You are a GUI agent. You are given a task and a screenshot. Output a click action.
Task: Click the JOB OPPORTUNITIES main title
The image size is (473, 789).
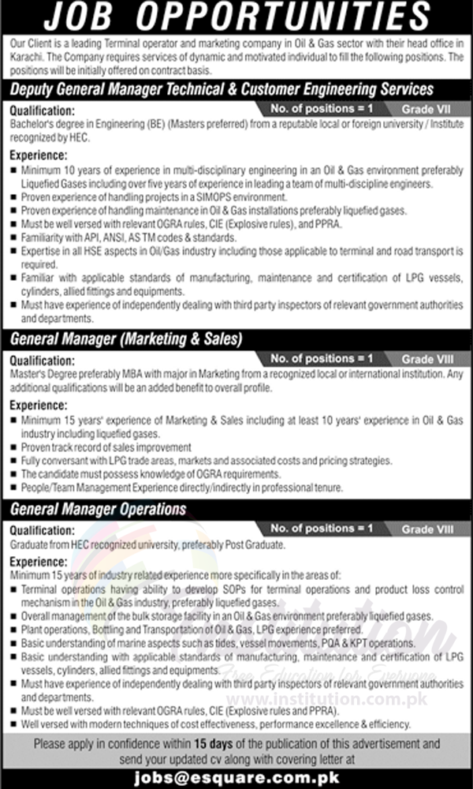236,17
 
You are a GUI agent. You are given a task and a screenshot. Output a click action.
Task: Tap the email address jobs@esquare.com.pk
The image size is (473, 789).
236,775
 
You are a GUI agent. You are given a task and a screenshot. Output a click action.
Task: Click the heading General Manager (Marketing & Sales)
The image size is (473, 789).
126,339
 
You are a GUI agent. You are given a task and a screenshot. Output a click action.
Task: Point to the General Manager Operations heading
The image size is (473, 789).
98,510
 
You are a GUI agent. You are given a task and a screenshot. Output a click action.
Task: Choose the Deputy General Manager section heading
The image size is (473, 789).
222,90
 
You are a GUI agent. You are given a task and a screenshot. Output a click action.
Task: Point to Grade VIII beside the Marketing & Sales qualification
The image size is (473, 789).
428,361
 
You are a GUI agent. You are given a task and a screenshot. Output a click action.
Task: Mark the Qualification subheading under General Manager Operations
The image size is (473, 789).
43,531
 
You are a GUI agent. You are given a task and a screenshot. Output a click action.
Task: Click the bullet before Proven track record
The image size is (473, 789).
14,447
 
